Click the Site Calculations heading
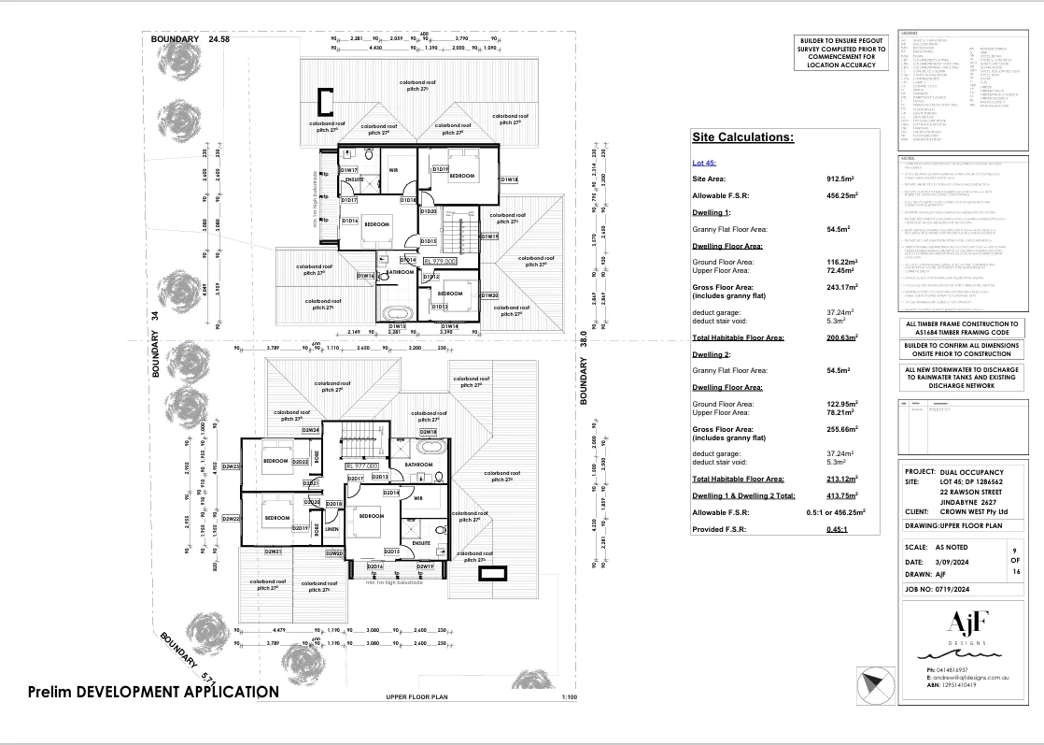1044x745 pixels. pyautogui.click(x=742, y=137)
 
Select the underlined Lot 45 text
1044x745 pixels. pyautogui.click(x=704, y=163)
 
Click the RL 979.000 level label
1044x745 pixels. pyautogui.click(x=440, y=262)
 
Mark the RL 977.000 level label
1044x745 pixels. pyautogui.click(x=361, y=465)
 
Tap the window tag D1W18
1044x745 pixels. pyautogui.click(x=509, y=179)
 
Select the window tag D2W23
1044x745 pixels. pyautogui.click(x=231, y=466)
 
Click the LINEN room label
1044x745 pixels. pyautogui.click(x=332, y=529)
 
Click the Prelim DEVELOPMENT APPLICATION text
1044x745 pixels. pyautogui.click(x=152, y=692)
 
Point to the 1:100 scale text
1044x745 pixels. pyautogui.click(x=570, y=697)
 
